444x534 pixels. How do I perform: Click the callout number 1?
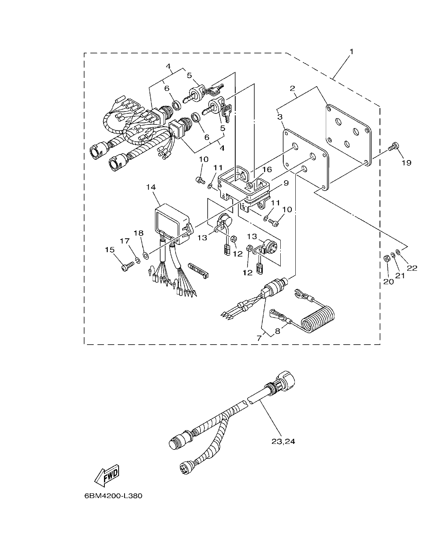click(351, 51)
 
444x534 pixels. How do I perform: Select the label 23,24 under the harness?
click(283, 442)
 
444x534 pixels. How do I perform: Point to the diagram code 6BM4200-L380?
click(113, 496)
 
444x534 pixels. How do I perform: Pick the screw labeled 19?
click(393, 147)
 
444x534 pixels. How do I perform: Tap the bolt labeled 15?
click(127, 267)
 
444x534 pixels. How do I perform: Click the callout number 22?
click(412, 268)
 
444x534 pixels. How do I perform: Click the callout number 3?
click(280, 117)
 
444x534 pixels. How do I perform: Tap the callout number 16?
click(267, 170)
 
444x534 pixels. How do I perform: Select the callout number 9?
click(285, 183)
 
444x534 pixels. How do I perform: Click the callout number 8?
click(278, 331)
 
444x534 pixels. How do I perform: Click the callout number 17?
click(125, 241)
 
